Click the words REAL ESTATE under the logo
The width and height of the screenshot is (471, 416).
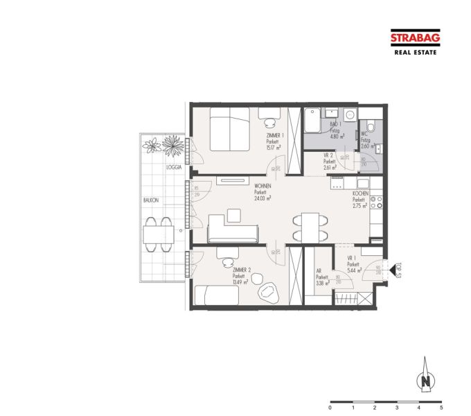414,52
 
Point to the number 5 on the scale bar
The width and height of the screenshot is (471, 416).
441,408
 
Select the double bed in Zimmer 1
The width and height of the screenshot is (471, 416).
229,129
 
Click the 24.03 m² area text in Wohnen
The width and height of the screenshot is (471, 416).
263,197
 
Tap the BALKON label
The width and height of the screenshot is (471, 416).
152,200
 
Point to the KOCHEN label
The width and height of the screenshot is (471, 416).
361,193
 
